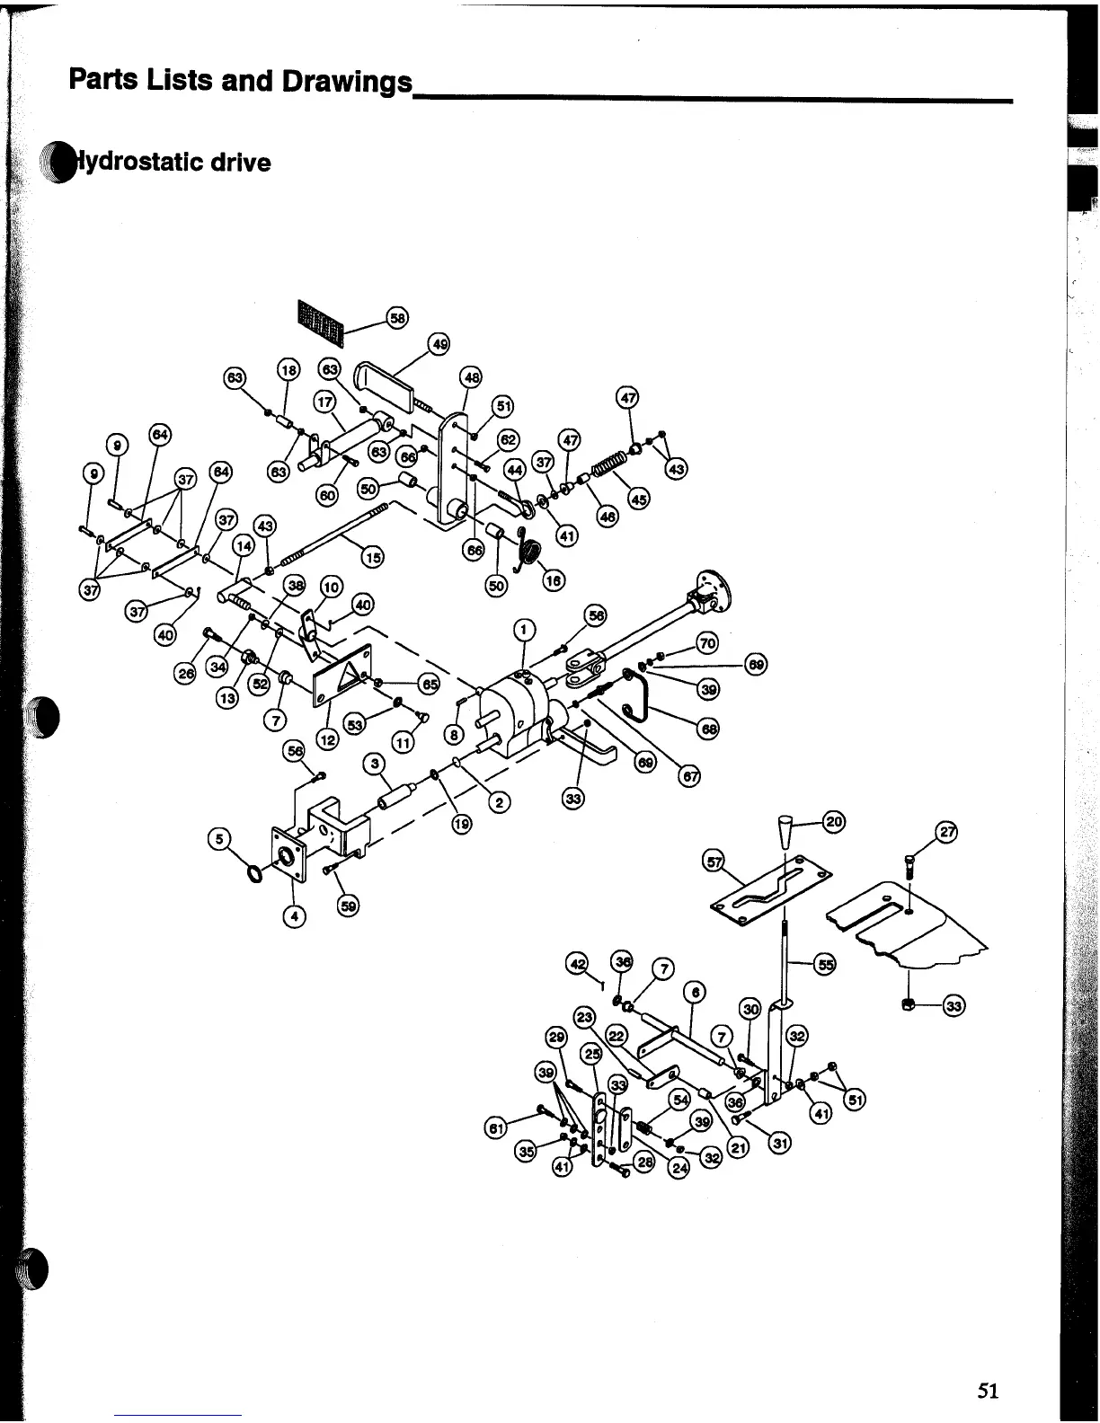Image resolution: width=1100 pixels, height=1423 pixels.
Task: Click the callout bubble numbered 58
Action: coord(396,317)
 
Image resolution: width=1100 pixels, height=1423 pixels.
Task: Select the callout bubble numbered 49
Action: coord(439,344)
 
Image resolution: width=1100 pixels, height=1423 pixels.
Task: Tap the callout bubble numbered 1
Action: coord(525,629)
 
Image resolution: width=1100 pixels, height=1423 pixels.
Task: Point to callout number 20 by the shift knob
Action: coord(833,821)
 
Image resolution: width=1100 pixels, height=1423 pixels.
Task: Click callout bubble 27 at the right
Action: coord(946,831)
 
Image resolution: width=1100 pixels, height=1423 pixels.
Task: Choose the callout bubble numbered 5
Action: coord(217,839)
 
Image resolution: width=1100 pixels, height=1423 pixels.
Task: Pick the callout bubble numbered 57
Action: coord(714,862)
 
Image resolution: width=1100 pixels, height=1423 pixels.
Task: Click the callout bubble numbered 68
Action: coord(709,729)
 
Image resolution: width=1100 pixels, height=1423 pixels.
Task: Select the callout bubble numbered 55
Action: coord(824,965)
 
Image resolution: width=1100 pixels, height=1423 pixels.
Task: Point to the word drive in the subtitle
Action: coord(240,163)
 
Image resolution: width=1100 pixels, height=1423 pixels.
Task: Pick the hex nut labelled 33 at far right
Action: coord(909,1003)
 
